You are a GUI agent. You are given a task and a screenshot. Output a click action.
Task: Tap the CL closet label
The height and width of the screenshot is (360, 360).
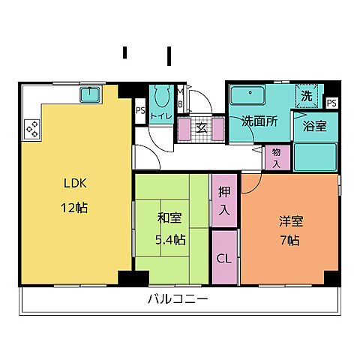pyautogui.click(x=223, y=259)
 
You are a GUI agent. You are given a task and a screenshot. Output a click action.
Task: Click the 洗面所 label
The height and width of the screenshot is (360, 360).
pyautogui.click(x=258, y=121)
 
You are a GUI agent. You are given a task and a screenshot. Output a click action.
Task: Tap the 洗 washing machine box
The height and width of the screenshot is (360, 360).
pyautogui.click(x=307, y=96)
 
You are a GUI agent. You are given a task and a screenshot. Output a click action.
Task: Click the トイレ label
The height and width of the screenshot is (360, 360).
pyautogui.click(x=160, y=115)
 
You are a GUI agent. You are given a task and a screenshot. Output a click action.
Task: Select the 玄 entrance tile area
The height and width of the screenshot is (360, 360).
pyautogui.click(x=201, y=128)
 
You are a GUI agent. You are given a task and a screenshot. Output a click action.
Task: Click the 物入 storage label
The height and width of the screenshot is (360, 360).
pyautogui.click(x=276, y=157)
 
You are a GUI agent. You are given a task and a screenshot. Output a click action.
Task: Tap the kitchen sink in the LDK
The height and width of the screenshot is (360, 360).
pyautogui.click(x=91, y=94)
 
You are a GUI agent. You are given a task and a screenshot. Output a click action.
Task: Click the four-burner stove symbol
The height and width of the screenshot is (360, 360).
pyautogui.click(x=32, y=129)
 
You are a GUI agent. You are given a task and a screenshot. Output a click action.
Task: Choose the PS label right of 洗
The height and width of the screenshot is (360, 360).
pyautogui.click(x=331, y=103)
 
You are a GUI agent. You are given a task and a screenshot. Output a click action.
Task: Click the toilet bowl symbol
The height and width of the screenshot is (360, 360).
pyautogui.click(x=160, y=95)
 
